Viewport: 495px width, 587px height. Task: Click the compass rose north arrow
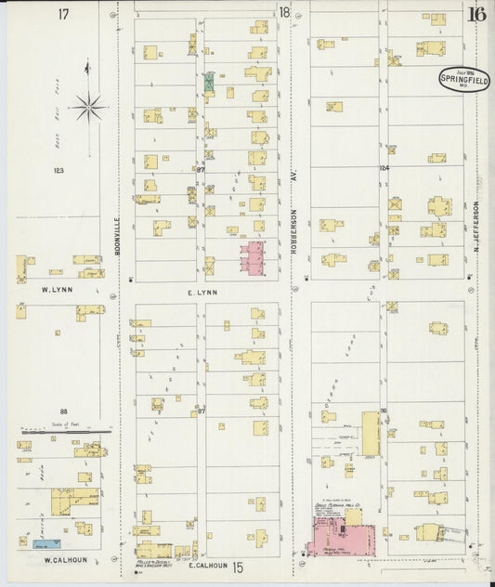(89, 106)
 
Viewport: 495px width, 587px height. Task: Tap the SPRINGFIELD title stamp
(465, 80)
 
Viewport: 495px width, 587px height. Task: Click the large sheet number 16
(477, 14)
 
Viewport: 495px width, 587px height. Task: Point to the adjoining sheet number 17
(63, 14)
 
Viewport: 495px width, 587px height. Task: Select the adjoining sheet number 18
(283, 12)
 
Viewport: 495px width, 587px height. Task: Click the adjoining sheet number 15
(238, 566)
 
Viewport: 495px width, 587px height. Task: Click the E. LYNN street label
(202, 292)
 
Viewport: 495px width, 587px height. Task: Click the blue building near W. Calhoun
(45, 542)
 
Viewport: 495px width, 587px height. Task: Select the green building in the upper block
(209, 81)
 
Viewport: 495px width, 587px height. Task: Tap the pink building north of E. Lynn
(253, 257)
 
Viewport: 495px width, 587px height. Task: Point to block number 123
(58, 170)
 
